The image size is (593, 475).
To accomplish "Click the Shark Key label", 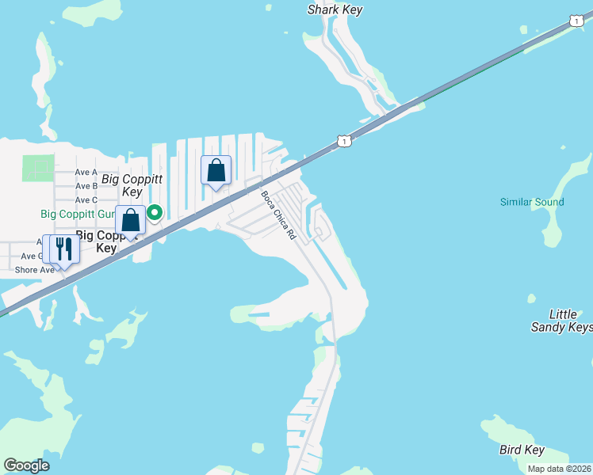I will [335, 10].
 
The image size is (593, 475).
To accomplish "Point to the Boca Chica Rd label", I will [278, 215].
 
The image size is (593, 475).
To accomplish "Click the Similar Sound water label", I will [532, 202].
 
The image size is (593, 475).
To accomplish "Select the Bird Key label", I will [522, 450].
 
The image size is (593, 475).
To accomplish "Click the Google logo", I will [26, 465].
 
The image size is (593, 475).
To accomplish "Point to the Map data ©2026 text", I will [560, 469].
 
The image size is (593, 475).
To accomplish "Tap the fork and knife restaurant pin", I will [63, 249].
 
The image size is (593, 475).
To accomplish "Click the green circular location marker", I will [155, 212].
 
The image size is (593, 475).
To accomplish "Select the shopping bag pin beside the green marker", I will [131, 220].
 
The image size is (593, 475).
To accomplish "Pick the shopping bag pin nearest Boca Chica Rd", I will [216, 170].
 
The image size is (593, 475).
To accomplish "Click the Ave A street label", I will [86, 172].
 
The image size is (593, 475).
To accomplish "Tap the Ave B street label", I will [86, 186].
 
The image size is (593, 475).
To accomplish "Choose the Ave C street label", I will [86, 199].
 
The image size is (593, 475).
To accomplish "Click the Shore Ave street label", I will [34, 270].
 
